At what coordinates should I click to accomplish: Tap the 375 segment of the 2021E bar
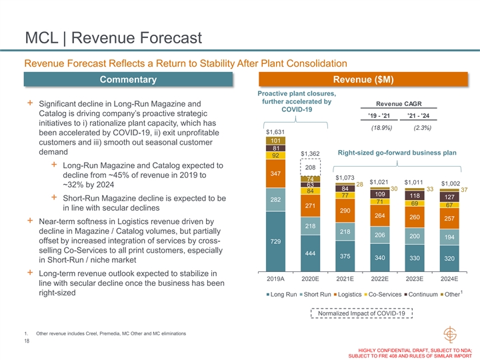[345, 256]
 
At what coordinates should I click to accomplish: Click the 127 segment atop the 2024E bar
[449, 197]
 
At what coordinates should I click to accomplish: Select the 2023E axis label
[414, 279]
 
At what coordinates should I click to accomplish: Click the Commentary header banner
[129, 80]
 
